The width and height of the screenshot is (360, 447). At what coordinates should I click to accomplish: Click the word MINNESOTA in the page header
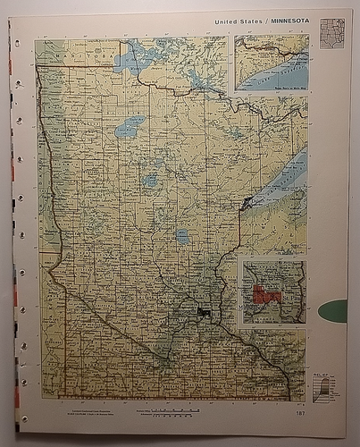(x=286, y=20)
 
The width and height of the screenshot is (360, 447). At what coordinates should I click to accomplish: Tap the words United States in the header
(x=238, y=20)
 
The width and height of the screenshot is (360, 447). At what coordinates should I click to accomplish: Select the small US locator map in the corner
(x=332, y=33)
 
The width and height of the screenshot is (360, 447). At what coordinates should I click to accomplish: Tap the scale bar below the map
(x=171, y=411)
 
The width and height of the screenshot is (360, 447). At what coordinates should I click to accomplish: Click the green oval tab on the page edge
(x=333, y=311)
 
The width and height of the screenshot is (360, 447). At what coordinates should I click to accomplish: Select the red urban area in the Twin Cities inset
(x=265, y=294)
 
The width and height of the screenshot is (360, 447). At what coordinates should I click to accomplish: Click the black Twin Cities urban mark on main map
(x=205, y=312)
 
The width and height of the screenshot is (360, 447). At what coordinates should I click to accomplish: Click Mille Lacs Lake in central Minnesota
(x=183, y=237)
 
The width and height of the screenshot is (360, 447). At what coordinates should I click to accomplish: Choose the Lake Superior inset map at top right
(x=272, y=62)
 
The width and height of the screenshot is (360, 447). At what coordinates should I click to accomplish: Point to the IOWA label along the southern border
(x=170, y=396)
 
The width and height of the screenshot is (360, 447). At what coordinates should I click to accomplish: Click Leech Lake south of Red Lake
(x=151, y=179)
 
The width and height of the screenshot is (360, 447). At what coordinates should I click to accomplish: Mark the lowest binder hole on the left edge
(x=23, y=418)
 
